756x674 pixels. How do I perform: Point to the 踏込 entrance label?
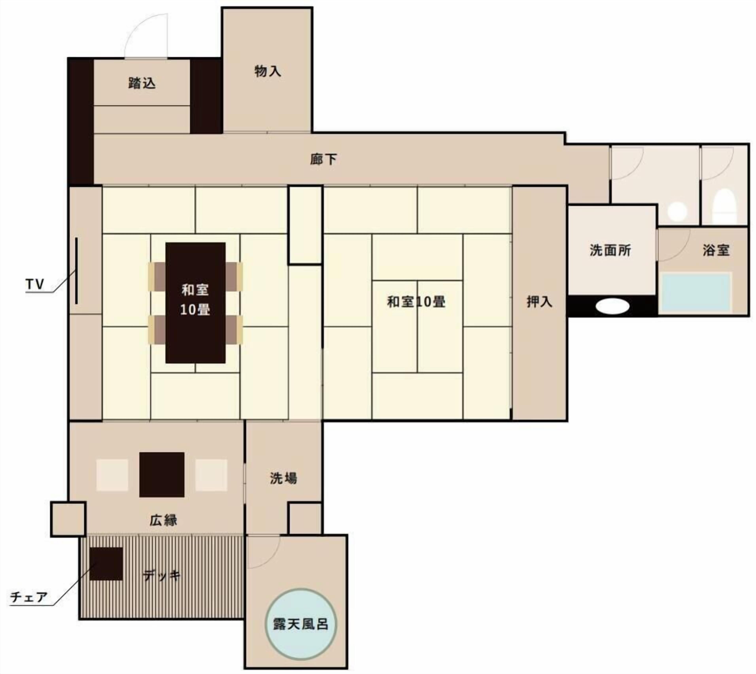142,83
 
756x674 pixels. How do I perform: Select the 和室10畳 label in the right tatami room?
416,302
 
